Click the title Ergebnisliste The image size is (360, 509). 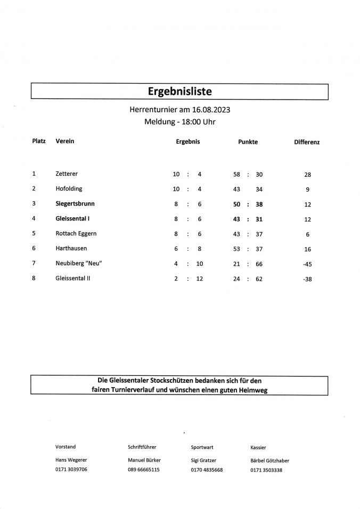pyautogui.click(x=179, y=92)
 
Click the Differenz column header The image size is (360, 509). pyautogui.click(x=307, y=143)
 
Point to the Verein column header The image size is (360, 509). pyautogui.click(x=64, y=142)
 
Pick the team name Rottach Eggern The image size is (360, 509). pyautogui.click(x=76, y=233)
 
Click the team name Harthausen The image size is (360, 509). pyautogui.click(x=71, y=248)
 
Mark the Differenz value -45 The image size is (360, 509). pyautogui.click(x=307, y=264)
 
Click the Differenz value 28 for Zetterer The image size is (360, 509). pyautogui.click(x=307, y=175)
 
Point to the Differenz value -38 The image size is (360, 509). pyautogui.click(x=307, y=278)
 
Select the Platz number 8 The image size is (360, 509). pyautogui.click(x=34, y=278)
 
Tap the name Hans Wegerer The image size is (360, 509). pyautogui.click(x=71, y=460)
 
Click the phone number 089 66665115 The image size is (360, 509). pyautogui.click(x=143, y=470)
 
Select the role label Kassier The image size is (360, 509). pyautogui.click(x=258, y=447)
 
